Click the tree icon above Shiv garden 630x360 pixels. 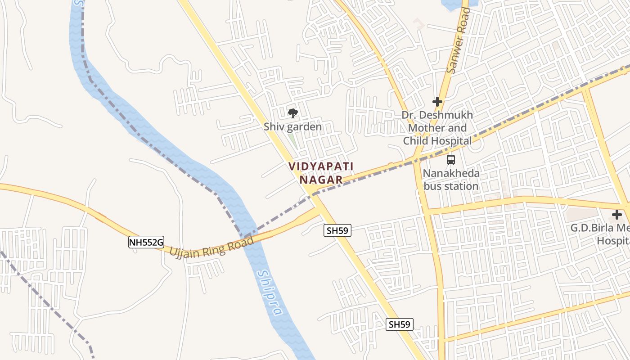pos(292,112)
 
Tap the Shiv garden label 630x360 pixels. pos(293,127)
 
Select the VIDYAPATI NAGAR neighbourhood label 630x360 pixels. pos(321,173)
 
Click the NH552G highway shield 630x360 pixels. pos(146,243)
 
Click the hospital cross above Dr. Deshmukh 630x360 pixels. pos(437,102)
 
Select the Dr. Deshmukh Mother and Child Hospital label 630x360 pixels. pos(437,128)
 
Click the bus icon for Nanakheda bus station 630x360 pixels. pos(450,159)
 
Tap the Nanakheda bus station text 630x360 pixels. pos(451,180)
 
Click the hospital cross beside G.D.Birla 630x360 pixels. pos(617,215)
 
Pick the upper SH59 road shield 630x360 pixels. pos(337,231)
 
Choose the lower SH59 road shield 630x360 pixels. pos(400,324)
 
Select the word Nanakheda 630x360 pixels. pos(451,173)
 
